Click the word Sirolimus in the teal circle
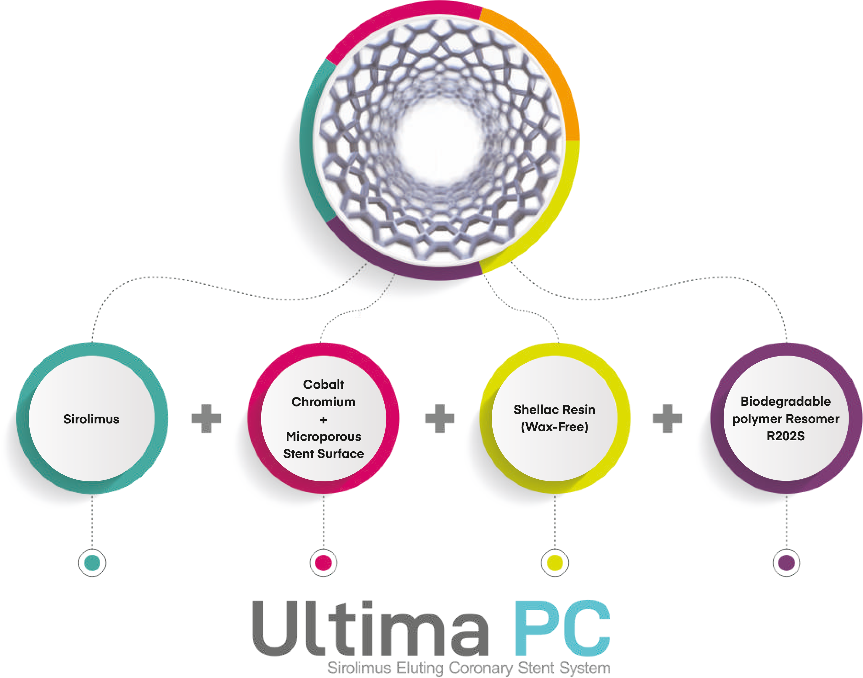coord(91,419)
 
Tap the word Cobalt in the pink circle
coord(323,384)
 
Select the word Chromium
coord(323,402)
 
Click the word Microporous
coord(323,437)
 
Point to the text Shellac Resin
coord(554,410)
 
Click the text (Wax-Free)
coord(554,427)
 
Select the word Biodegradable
coord(785,401)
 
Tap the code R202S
coord(785,436)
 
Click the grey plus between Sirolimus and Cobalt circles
coord(207,419)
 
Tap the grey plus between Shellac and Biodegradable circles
coord(668,419)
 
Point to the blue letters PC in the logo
coord(562,629)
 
